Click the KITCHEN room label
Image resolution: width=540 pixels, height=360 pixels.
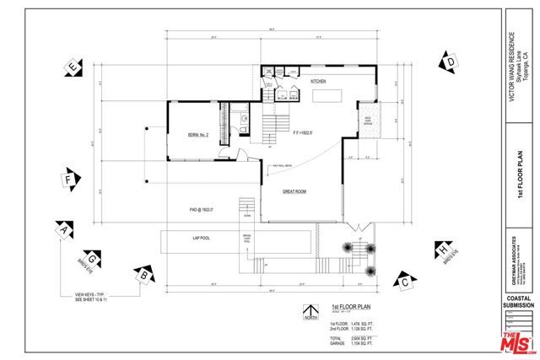point(318,81)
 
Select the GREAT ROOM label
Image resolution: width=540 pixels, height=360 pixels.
point(294,191)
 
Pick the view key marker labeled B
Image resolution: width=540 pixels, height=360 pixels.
point(144,273)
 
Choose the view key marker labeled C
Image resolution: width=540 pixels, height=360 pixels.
point(405,281)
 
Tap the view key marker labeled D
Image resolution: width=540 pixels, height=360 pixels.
point(451,62)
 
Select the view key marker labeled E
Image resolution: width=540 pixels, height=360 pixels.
point(74,67)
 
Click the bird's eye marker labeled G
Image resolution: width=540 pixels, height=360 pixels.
point(93,256)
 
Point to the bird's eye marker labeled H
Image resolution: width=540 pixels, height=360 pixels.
point(441,250)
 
